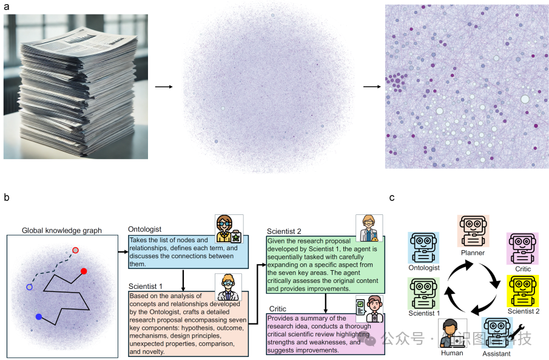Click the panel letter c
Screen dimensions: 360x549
(x=392, y=197)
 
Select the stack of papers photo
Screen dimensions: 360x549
(x=76, y=86)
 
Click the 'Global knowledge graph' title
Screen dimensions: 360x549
(x=62, y=230)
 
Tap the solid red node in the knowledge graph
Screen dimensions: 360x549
(x=84, y=271)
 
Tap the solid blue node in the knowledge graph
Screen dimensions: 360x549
(x=39, y=317)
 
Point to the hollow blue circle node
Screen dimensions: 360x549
(x=29, y=287)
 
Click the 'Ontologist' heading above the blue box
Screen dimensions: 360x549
(x=144, y=229)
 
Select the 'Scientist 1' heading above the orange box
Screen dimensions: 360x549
(x=146, y=286)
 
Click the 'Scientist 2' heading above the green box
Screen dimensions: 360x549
(x=284, y=231)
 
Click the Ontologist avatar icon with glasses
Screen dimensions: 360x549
(x=229, y=229)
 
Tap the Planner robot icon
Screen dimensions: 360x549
(x=473, y=231)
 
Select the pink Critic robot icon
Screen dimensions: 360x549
(x=523, y=248)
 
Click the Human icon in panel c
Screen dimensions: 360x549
(x=452, y=333)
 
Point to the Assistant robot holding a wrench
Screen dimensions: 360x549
(x=497, y=333)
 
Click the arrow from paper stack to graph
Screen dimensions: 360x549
(x=164, y=86)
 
